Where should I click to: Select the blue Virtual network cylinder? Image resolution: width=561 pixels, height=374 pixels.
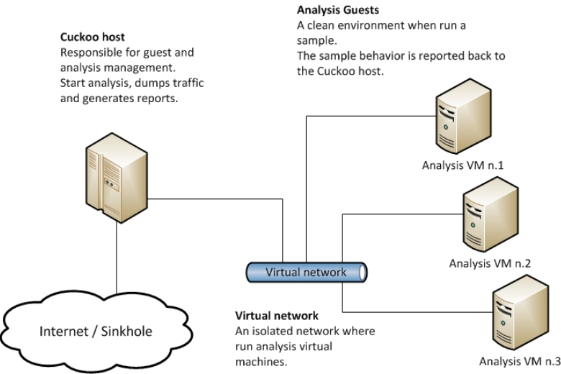tap(305, 273)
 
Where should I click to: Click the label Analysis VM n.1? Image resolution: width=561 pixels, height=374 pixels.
tap(462, 165)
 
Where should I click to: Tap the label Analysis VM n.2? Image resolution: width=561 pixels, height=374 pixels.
tap(490, 263)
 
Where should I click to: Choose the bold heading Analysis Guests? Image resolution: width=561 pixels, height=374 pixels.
tap(333, 12)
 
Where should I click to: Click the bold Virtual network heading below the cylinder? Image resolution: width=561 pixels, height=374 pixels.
tap(277, 316)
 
